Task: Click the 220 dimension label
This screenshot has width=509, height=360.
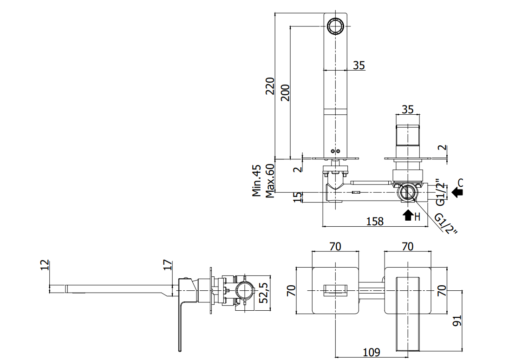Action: tap(270, 85)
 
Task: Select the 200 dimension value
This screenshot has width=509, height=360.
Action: tap(285, 92)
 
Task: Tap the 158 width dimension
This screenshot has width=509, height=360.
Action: tap(375, 222)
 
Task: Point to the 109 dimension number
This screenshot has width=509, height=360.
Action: tap(371, 352)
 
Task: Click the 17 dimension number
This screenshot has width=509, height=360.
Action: tap(167, 265)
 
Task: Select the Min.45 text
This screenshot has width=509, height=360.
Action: tap(257, 181)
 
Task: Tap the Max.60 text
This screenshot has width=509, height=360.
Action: tap(270, 181)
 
